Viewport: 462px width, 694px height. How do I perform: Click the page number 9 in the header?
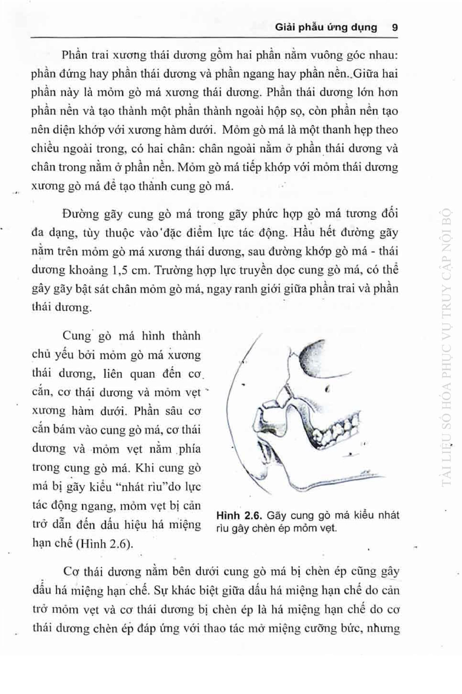click(x=395, y=28)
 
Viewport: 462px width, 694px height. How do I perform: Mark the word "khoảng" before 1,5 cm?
click(x=89, y=270)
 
